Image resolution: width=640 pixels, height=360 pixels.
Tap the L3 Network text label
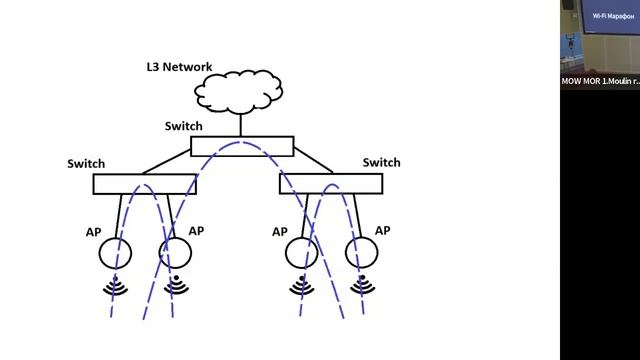[179, 67]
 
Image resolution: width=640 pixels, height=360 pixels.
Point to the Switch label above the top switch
[184, 127]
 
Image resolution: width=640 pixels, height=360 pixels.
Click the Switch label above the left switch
[87, 163]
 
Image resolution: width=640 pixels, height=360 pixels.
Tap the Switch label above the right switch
[381, 162]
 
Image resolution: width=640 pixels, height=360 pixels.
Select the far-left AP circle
[117, 253]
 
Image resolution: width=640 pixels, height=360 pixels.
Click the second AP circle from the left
[175, 252]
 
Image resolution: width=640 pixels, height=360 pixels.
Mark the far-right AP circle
[361, 253]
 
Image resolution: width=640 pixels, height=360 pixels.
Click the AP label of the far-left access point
[93, 232]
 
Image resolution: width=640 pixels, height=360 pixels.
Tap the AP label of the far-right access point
[382, 230]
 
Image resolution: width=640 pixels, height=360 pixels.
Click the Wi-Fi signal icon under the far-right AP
[361, 289]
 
